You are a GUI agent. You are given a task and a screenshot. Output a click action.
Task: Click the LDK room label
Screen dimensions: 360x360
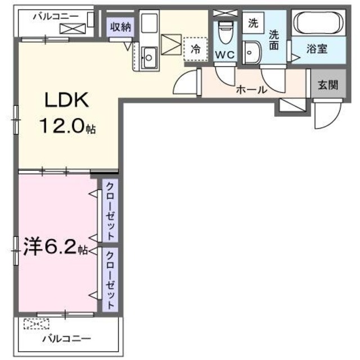(67, 101)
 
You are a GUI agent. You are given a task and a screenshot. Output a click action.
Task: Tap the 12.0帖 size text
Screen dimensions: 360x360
(67, 127)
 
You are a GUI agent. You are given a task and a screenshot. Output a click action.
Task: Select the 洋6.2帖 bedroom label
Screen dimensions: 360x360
(55, 247)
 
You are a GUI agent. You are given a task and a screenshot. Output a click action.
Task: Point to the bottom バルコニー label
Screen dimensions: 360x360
(67, 339)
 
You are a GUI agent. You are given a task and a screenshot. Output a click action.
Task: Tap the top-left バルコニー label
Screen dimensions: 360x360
(55, 17)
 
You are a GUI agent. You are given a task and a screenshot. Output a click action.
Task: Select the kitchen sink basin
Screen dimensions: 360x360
(150, 55)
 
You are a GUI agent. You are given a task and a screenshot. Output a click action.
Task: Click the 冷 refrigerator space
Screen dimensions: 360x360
(195, 49)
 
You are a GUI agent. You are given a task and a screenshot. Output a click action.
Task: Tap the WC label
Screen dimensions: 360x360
(224, 55)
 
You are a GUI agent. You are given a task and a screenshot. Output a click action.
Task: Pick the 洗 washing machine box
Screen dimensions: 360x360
(254, 24)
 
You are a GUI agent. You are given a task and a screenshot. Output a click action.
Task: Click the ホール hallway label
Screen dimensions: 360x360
(250, 89)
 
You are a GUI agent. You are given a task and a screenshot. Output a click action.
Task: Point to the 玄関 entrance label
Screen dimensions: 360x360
(327, 85)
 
